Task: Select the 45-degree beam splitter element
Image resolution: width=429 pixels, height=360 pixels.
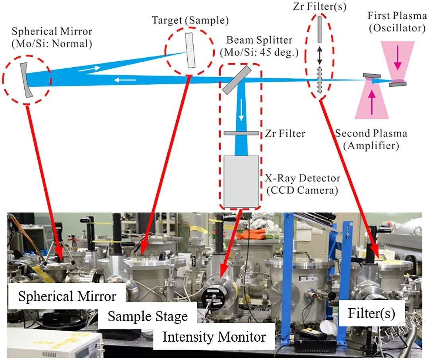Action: coord(237,80)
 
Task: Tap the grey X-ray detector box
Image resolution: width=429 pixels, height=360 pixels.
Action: coord(241,181)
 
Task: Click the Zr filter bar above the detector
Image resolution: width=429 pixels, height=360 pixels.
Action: coord(241,133)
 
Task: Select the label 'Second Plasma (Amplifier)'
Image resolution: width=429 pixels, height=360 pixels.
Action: coord(371,139)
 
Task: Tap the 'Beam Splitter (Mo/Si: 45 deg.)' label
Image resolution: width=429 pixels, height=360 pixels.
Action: coord(259,46)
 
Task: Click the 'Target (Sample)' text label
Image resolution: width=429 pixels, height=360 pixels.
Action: coord(190,20)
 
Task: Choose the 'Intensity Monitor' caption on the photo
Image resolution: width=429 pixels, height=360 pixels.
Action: coord(214,337)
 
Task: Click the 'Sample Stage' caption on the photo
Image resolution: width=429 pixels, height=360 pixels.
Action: coord(148,316)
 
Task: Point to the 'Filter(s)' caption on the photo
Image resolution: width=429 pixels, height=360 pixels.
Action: coord(371,313)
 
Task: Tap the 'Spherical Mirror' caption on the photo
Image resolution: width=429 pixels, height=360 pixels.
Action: coord(67,296)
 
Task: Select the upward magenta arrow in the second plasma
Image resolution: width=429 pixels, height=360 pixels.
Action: coord(372,101)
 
